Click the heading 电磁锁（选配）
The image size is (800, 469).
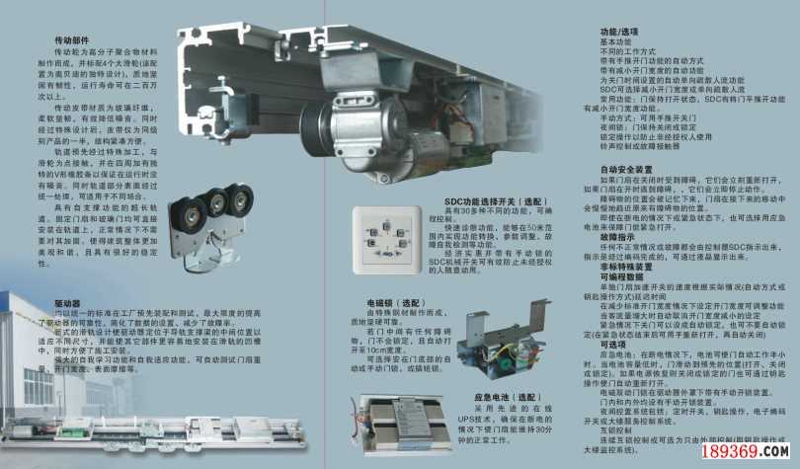[387, 298]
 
